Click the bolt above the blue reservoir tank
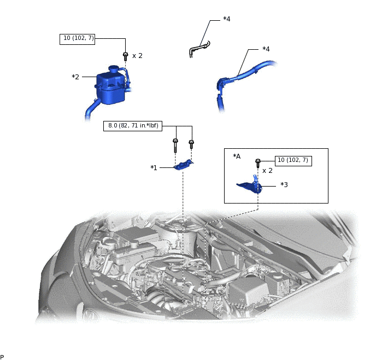tap(125, 55)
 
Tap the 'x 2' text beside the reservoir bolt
tap(137, 56)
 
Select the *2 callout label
tap(75, 77)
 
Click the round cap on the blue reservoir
tap(113, 69)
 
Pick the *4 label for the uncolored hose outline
tap(226, 19)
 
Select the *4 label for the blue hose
tap(266, 49)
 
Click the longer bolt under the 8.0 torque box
tap(175, 146)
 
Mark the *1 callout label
tap(154, 167)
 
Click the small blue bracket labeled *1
tap(184, 165)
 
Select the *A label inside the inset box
tap(237, 156)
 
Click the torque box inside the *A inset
tap(293, 160)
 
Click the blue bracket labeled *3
tap(250, 186)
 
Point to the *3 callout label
tap(284, 185)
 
